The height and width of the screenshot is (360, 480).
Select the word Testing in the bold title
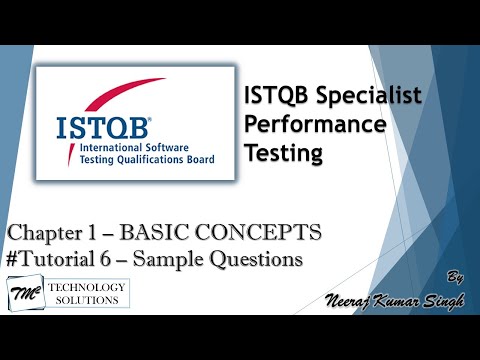tap(284, 153)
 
